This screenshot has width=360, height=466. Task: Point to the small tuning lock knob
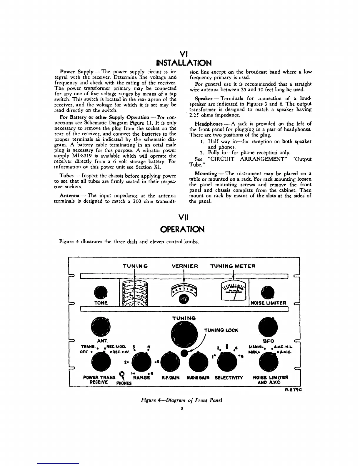pos(184,352)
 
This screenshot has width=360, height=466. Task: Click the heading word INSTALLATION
pos(184,63)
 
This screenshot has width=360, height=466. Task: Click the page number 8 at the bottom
pos(182,409)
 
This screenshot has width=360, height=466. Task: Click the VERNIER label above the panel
pos(185,266)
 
